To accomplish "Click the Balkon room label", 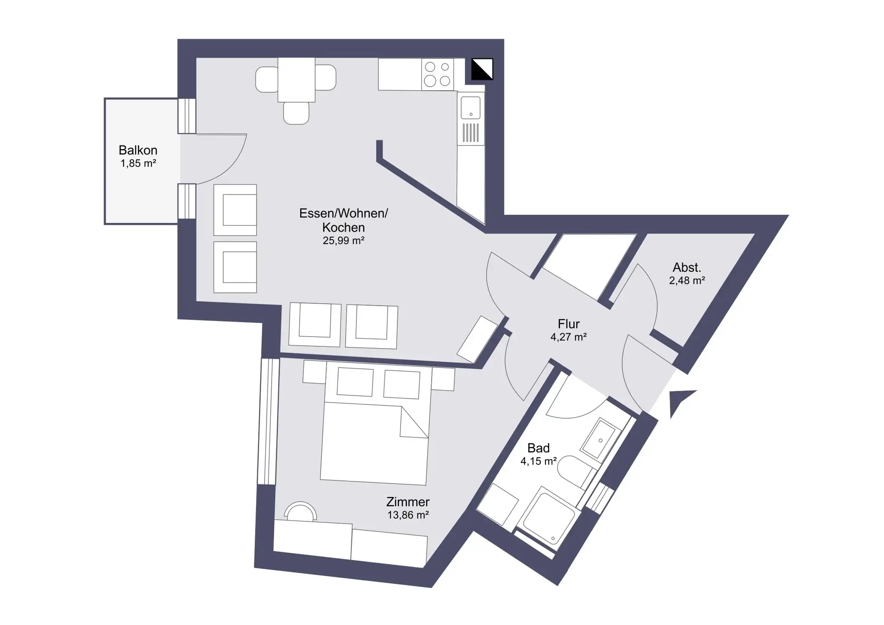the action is tap(138, 150).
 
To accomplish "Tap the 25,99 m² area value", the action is tap(343, 240).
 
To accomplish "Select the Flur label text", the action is tap(569, 324).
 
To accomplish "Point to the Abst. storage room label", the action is tap(687, 267).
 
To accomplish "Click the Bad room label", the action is tap(539, 448).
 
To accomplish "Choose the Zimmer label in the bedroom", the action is tap(408, 502).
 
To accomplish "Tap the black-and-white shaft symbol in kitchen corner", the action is tap(482, 69).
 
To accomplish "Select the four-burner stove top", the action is tap(437, 74).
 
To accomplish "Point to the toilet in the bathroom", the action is tap(576, 472).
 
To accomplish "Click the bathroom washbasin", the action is tap(600, 439).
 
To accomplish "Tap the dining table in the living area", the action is tap(297, 80).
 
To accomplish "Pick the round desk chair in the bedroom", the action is tap(300, 512).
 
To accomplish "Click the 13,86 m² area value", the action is tap(408, 515).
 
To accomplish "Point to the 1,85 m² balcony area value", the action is tap(138, 164).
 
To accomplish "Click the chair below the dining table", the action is tap(296, 113).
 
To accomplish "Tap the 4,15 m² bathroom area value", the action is tap(539, 461).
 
